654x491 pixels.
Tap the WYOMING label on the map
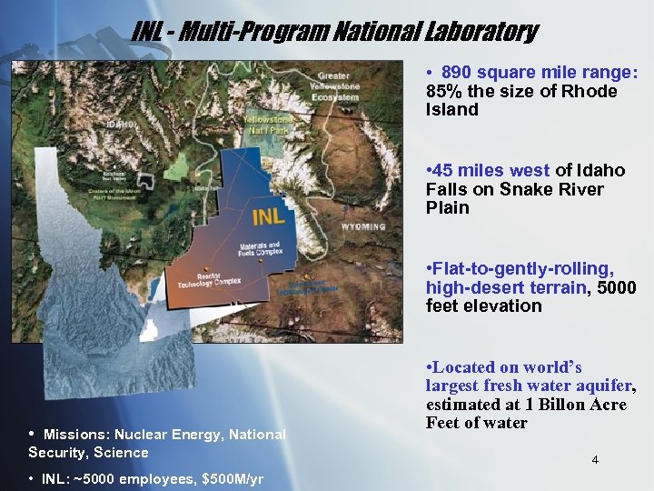tap(363, 225)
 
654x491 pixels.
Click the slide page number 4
tap(595, 460)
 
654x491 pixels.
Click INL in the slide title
tap(146, 33)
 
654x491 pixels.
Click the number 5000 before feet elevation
tap(617, 287)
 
